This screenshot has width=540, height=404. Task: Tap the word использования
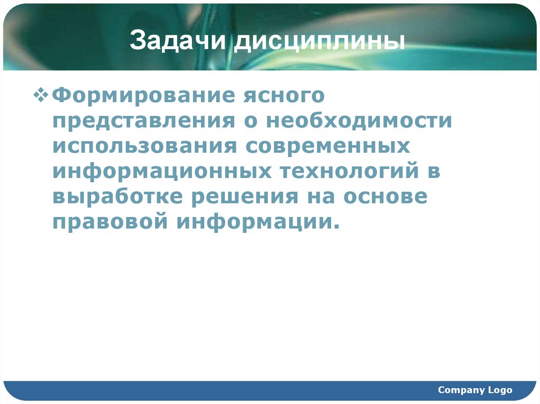pos(143,146)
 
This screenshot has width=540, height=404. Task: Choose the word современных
pos(327,146)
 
